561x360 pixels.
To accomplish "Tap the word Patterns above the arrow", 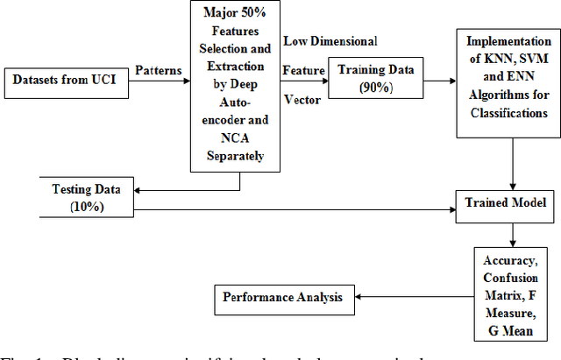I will pos(160,68).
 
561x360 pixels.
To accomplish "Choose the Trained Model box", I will pos(506,202).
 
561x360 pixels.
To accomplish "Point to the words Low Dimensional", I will pos(330,41).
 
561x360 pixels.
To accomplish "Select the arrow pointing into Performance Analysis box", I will pos(411,296).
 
